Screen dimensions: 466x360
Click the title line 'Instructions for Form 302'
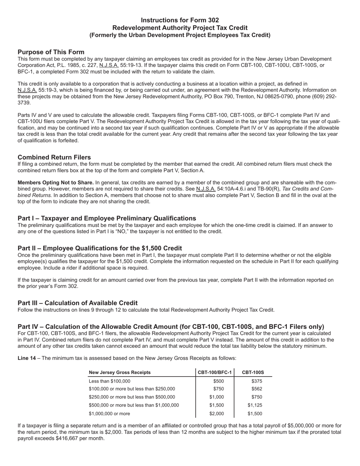click(180, 20)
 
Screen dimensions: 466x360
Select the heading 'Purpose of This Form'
click(51, 52)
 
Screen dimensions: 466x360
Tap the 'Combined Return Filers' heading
click(54, 157)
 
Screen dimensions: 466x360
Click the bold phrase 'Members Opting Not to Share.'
click(56, 183)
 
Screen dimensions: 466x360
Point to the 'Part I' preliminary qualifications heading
click(107, 218)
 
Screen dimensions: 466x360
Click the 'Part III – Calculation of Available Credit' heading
click(78, 303)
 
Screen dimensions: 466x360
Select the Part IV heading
click(171, 327)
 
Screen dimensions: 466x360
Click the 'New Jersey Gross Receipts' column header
click(119, 372)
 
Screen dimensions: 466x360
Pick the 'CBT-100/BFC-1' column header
click(215, 372)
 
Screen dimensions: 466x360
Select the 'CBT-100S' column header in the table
click(253, 372)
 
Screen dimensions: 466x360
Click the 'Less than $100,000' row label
click(109, 381)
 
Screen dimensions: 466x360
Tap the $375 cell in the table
click(257, 381)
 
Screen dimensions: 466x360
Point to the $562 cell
click(257, 389)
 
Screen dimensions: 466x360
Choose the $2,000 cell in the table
click(217, 414)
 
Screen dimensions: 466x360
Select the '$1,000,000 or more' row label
click(109, 414)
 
